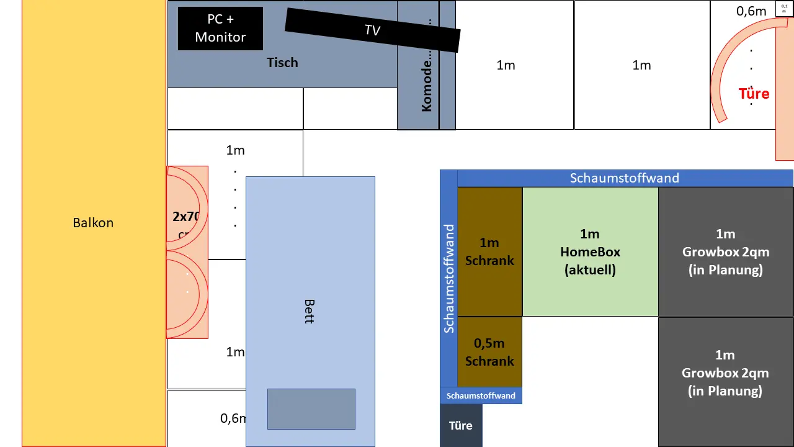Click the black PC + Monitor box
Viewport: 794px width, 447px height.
[x=220, y=29]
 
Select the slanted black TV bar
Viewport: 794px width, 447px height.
[x=372, y=30]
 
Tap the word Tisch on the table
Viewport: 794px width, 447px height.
[x=282, y=63]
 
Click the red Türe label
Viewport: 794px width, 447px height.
[x=754, y=94]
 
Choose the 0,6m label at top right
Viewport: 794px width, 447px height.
[x=751, y=11]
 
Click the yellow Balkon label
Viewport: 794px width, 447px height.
[x=93, y=223]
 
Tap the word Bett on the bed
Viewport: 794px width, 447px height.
[x=309, y=310]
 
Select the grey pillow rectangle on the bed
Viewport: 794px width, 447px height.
[x=311, y=409]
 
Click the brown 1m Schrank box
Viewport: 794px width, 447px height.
[x=489, y=251]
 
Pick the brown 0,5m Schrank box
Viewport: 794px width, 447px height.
[x=489, y=352]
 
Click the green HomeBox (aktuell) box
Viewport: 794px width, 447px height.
[x=590, y=251]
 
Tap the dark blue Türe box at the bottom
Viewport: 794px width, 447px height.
[x=461, y=425]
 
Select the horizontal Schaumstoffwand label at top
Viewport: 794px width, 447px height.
[x=625, y=178]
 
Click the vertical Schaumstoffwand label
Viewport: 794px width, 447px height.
[x=448, y=279]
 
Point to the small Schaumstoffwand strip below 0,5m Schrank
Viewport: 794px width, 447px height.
[x=481, y=395]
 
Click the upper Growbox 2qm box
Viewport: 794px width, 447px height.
[x=726, y=251]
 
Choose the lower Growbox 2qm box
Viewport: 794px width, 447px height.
[x=726, y=372]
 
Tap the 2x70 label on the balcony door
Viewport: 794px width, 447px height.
[x=185, y=217]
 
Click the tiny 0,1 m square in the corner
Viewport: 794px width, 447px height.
[x=784, y=9]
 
